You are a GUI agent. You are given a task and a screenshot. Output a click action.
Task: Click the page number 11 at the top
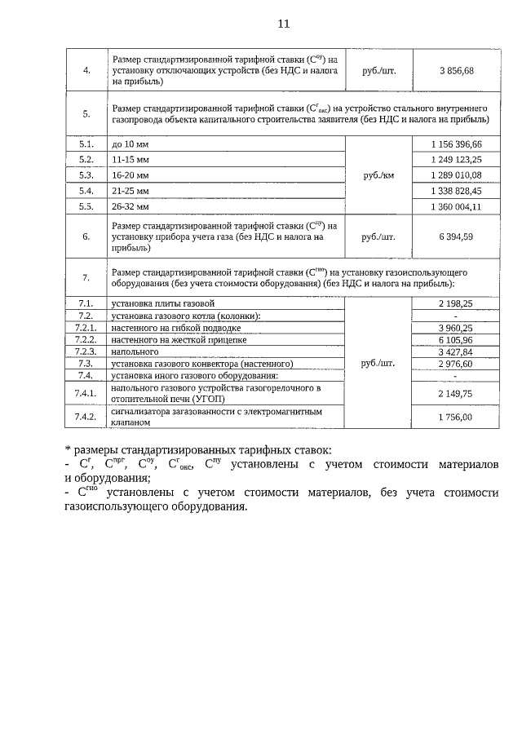[283, 24]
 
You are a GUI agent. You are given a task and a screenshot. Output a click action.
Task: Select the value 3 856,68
[455, 71]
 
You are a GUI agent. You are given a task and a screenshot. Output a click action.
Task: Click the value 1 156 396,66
[456, 144]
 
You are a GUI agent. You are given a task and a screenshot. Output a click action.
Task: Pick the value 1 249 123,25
[456, 160]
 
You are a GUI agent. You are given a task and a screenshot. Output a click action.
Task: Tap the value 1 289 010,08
[456, 175]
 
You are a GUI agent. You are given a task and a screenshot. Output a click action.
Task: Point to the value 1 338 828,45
[456, 191]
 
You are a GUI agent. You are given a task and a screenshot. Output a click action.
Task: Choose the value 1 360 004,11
[456, 206]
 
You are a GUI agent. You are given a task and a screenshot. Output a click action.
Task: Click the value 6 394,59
[456, 237]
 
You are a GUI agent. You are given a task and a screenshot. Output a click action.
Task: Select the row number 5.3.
[86, 175]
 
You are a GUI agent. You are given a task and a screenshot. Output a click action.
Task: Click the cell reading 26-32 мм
[130, 206]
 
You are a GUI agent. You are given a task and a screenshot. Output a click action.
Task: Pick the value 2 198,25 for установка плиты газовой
[456, 303]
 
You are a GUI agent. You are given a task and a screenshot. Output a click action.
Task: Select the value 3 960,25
[456, 328]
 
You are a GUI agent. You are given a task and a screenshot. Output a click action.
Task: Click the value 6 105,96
[456, 339]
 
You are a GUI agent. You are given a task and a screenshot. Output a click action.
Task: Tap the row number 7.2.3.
[86, 351]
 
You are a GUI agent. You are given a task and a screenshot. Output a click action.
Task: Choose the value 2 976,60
[456, 364]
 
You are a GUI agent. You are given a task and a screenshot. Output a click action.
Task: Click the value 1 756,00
[456, 418]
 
